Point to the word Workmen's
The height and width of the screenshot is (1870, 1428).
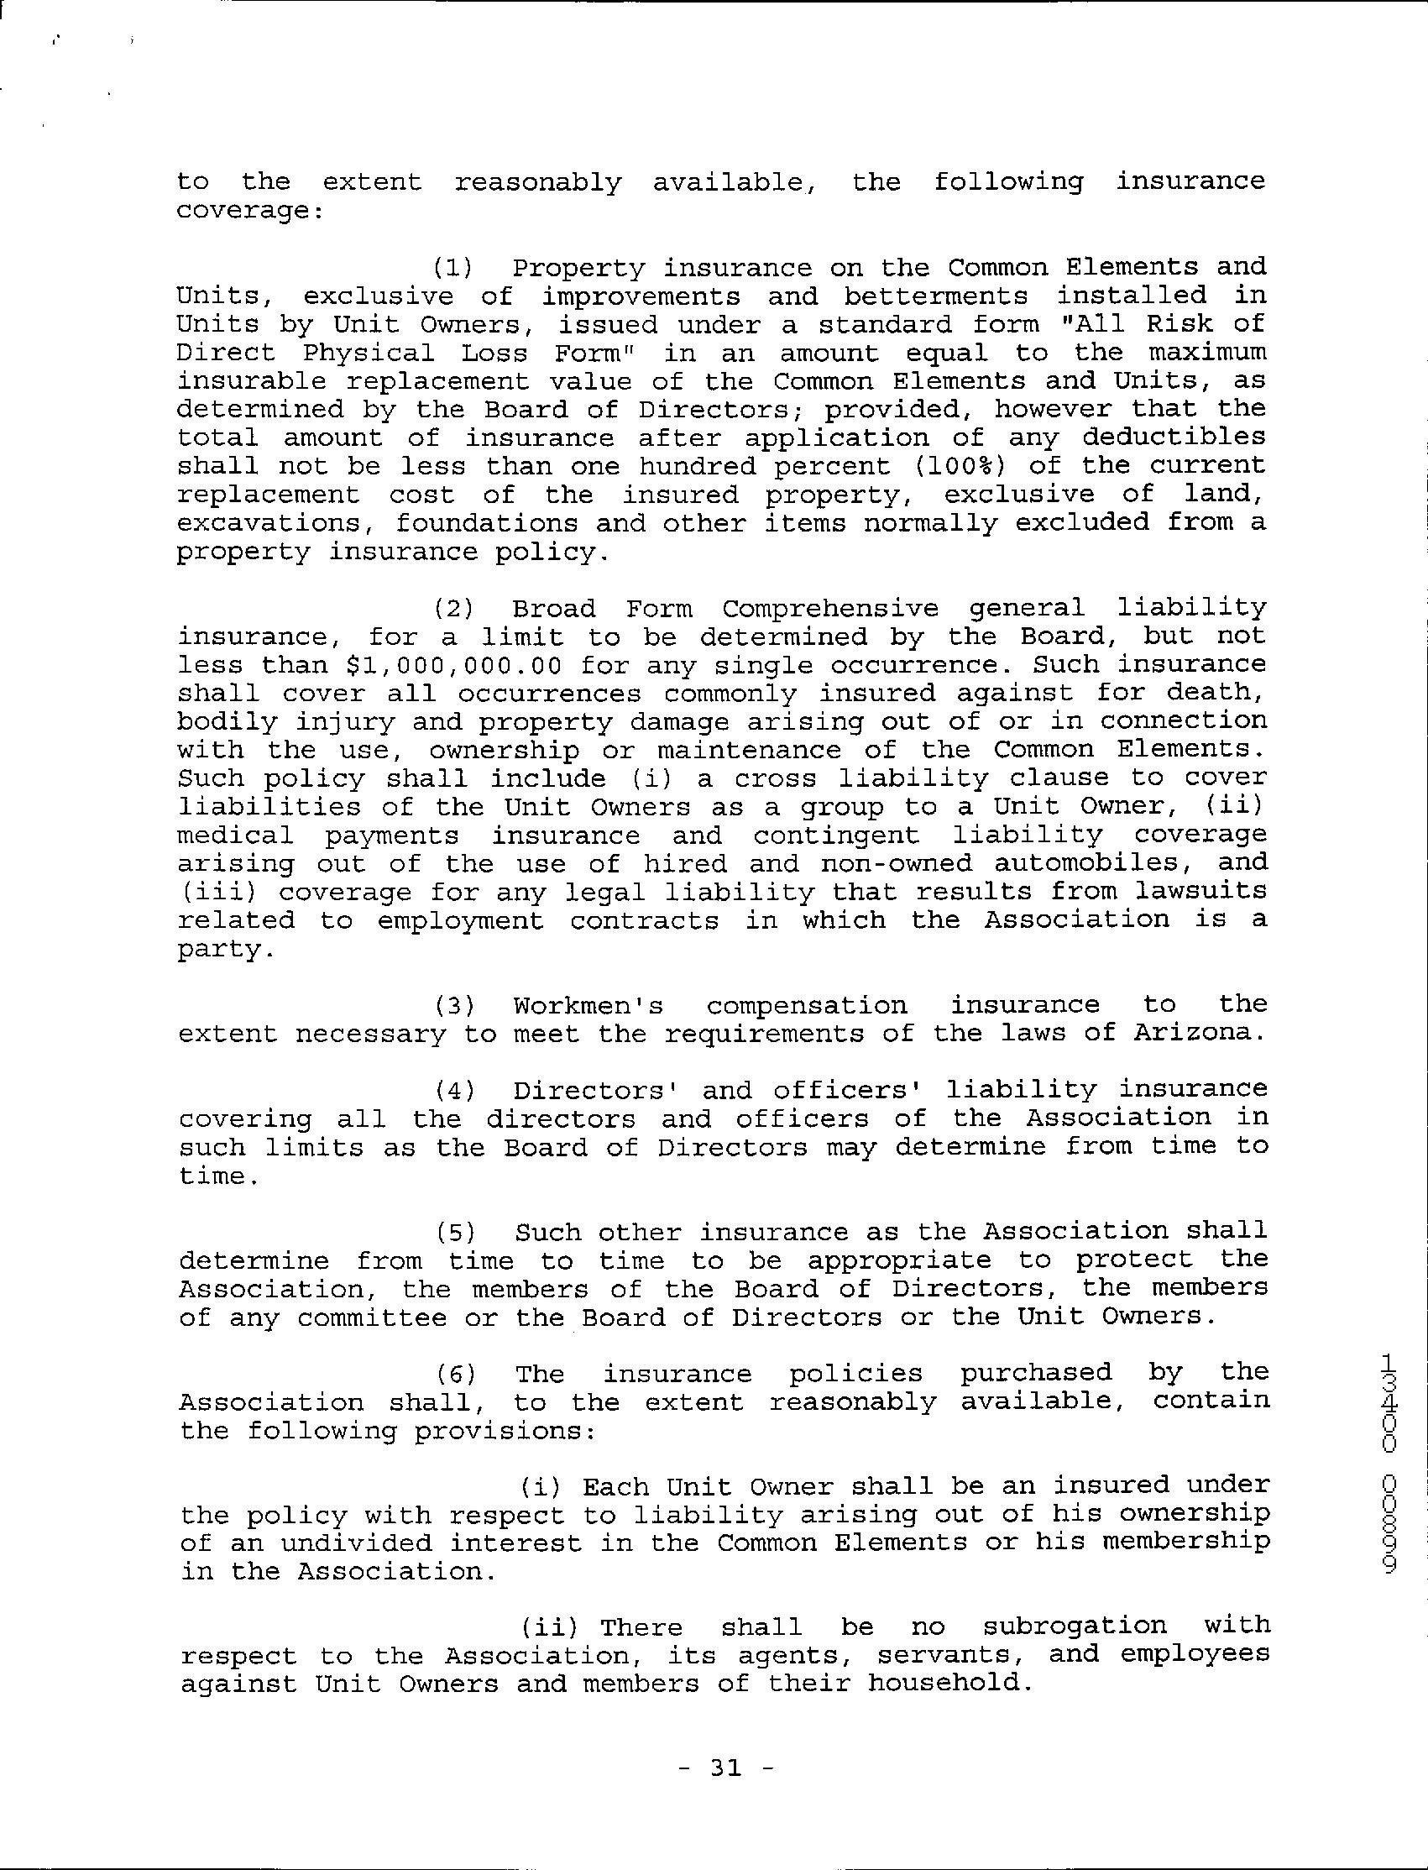(x=588, y=1006)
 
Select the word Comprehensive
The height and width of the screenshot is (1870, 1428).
(x=830, y=609)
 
